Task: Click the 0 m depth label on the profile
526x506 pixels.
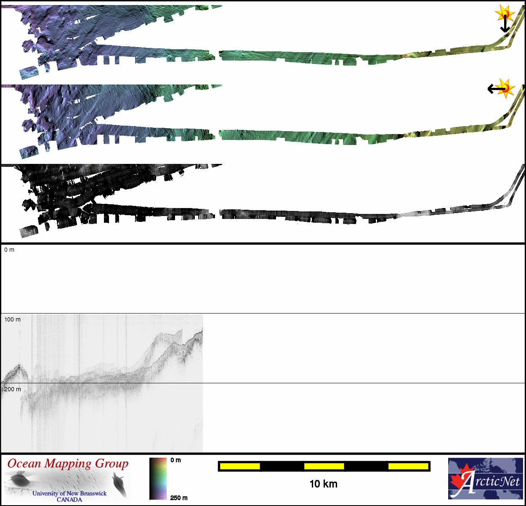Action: point(9,250)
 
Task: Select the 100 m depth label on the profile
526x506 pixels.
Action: point(12,320)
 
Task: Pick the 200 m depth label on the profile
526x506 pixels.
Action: point(12,390)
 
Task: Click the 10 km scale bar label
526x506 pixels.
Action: point(323,484)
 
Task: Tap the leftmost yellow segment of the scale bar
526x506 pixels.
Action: point(240,466)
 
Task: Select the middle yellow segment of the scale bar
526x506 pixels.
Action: point(324,466)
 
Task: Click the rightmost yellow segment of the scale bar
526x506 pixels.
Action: point(408,466)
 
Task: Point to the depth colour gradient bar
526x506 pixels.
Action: point(158,479)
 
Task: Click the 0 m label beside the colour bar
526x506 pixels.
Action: point(176,460)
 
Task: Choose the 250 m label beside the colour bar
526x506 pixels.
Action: point(179,498)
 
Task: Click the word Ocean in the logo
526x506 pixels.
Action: point(24,464)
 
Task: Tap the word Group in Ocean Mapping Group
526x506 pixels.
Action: point(112,464)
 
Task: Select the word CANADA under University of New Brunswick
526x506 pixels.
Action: point(69,500)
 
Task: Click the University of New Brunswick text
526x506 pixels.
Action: point(69,493)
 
